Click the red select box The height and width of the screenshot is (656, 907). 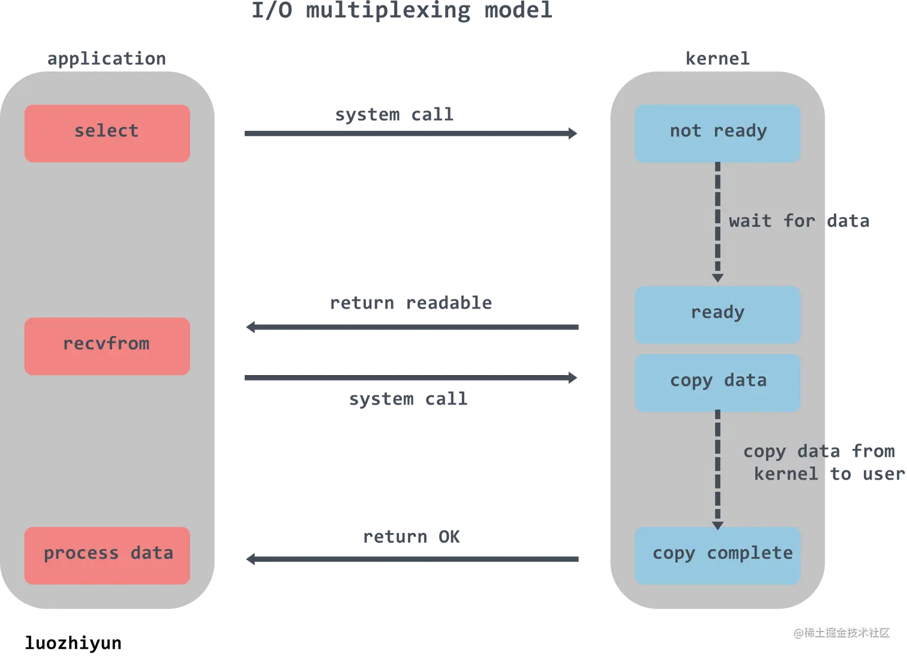107,133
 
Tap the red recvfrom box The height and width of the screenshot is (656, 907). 107,346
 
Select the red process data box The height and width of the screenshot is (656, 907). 107,555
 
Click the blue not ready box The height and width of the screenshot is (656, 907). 717,133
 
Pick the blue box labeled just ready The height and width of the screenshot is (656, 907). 717,314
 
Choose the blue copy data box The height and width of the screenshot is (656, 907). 717,382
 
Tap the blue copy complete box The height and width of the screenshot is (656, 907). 717,555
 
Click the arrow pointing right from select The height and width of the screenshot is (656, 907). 410,134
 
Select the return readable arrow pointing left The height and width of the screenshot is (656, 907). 413,326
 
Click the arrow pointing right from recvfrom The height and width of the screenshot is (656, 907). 410,379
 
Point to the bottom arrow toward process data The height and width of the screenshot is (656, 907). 413,559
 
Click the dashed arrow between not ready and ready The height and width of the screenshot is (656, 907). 717,222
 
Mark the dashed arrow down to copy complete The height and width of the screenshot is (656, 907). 717,468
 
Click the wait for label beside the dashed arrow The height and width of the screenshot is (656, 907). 771,221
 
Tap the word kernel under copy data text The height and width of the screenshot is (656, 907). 785,474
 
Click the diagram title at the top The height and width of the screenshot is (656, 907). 401,11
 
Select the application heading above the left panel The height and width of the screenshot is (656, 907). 106,59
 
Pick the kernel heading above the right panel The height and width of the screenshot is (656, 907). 717,59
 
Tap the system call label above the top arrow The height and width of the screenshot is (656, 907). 394,115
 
